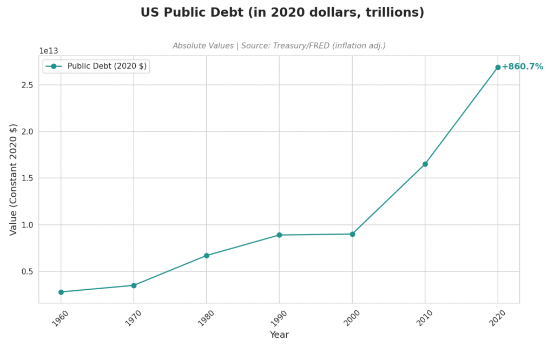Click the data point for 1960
[61, 292]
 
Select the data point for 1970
[134, 285]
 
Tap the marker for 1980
[207, 256]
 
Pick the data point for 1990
[279, 235]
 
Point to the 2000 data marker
[352, 234]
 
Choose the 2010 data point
[425, 164]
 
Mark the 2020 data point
[498, 68]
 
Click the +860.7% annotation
[522, 67]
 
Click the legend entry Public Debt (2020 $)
[107, 66]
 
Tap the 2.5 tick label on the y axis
[27, 85]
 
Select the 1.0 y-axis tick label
[27, 225]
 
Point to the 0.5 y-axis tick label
[27, 271]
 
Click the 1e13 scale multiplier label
[48, 51]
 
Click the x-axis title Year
[279, 335]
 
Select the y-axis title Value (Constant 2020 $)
[14, 179]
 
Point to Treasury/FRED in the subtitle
[297, 46]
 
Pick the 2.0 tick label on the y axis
[27, 131]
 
